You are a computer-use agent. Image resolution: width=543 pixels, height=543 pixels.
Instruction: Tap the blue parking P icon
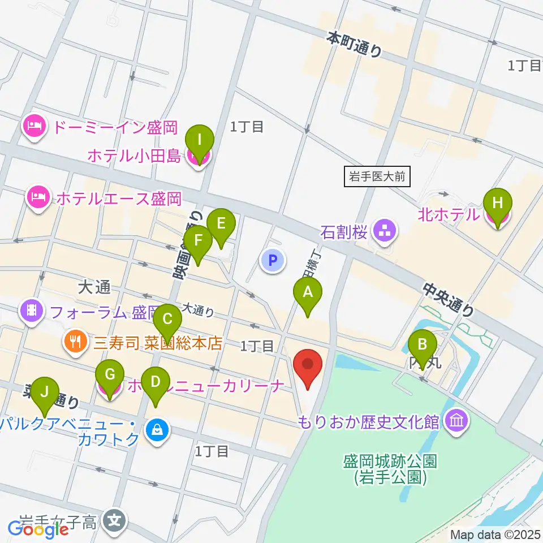273,261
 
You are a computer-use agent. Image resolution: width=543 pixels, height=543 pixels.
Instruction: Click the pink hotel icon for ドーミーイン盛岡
35,126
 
